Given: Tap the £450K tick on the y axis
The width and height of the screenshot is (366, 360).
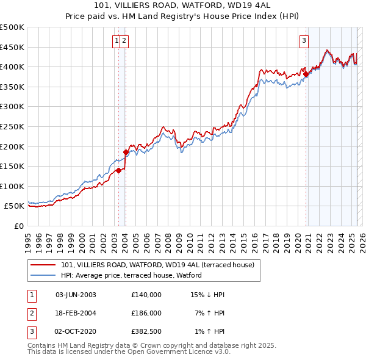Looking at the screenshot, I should tap(12, 47).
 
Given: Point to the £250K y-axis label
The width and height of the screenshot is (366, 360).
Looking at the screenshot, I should tap(12, 126).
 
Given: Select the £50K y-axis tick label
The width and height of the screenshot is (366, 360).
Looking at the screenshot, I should tap(15, 206).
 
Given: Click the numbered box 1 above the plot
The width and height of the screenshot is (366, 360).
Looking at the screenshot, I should tap(116, 41).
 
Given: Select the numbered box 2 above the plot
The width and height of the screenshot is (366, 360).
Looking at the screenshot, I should tap(124, 41).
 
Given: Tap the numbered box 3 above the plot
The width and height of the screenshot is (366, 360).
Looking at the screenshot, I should tap(304, 41).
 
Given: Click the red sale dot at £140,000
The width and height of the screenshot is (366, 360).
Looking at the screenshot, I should tap(119, 170).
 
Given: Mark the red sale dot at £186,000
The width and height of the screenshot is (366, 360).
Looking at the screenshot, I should tap(126, 152).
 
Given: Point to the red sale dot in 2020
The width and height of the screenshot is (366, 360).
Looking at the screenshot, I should tap(306, 74).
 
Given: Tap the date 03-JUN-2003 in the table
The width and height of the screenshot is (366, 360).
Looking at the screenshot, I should tap(76, 295).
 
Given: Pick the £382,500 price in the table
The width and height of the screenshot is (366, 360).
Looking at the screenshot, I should tap(146, 330).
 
